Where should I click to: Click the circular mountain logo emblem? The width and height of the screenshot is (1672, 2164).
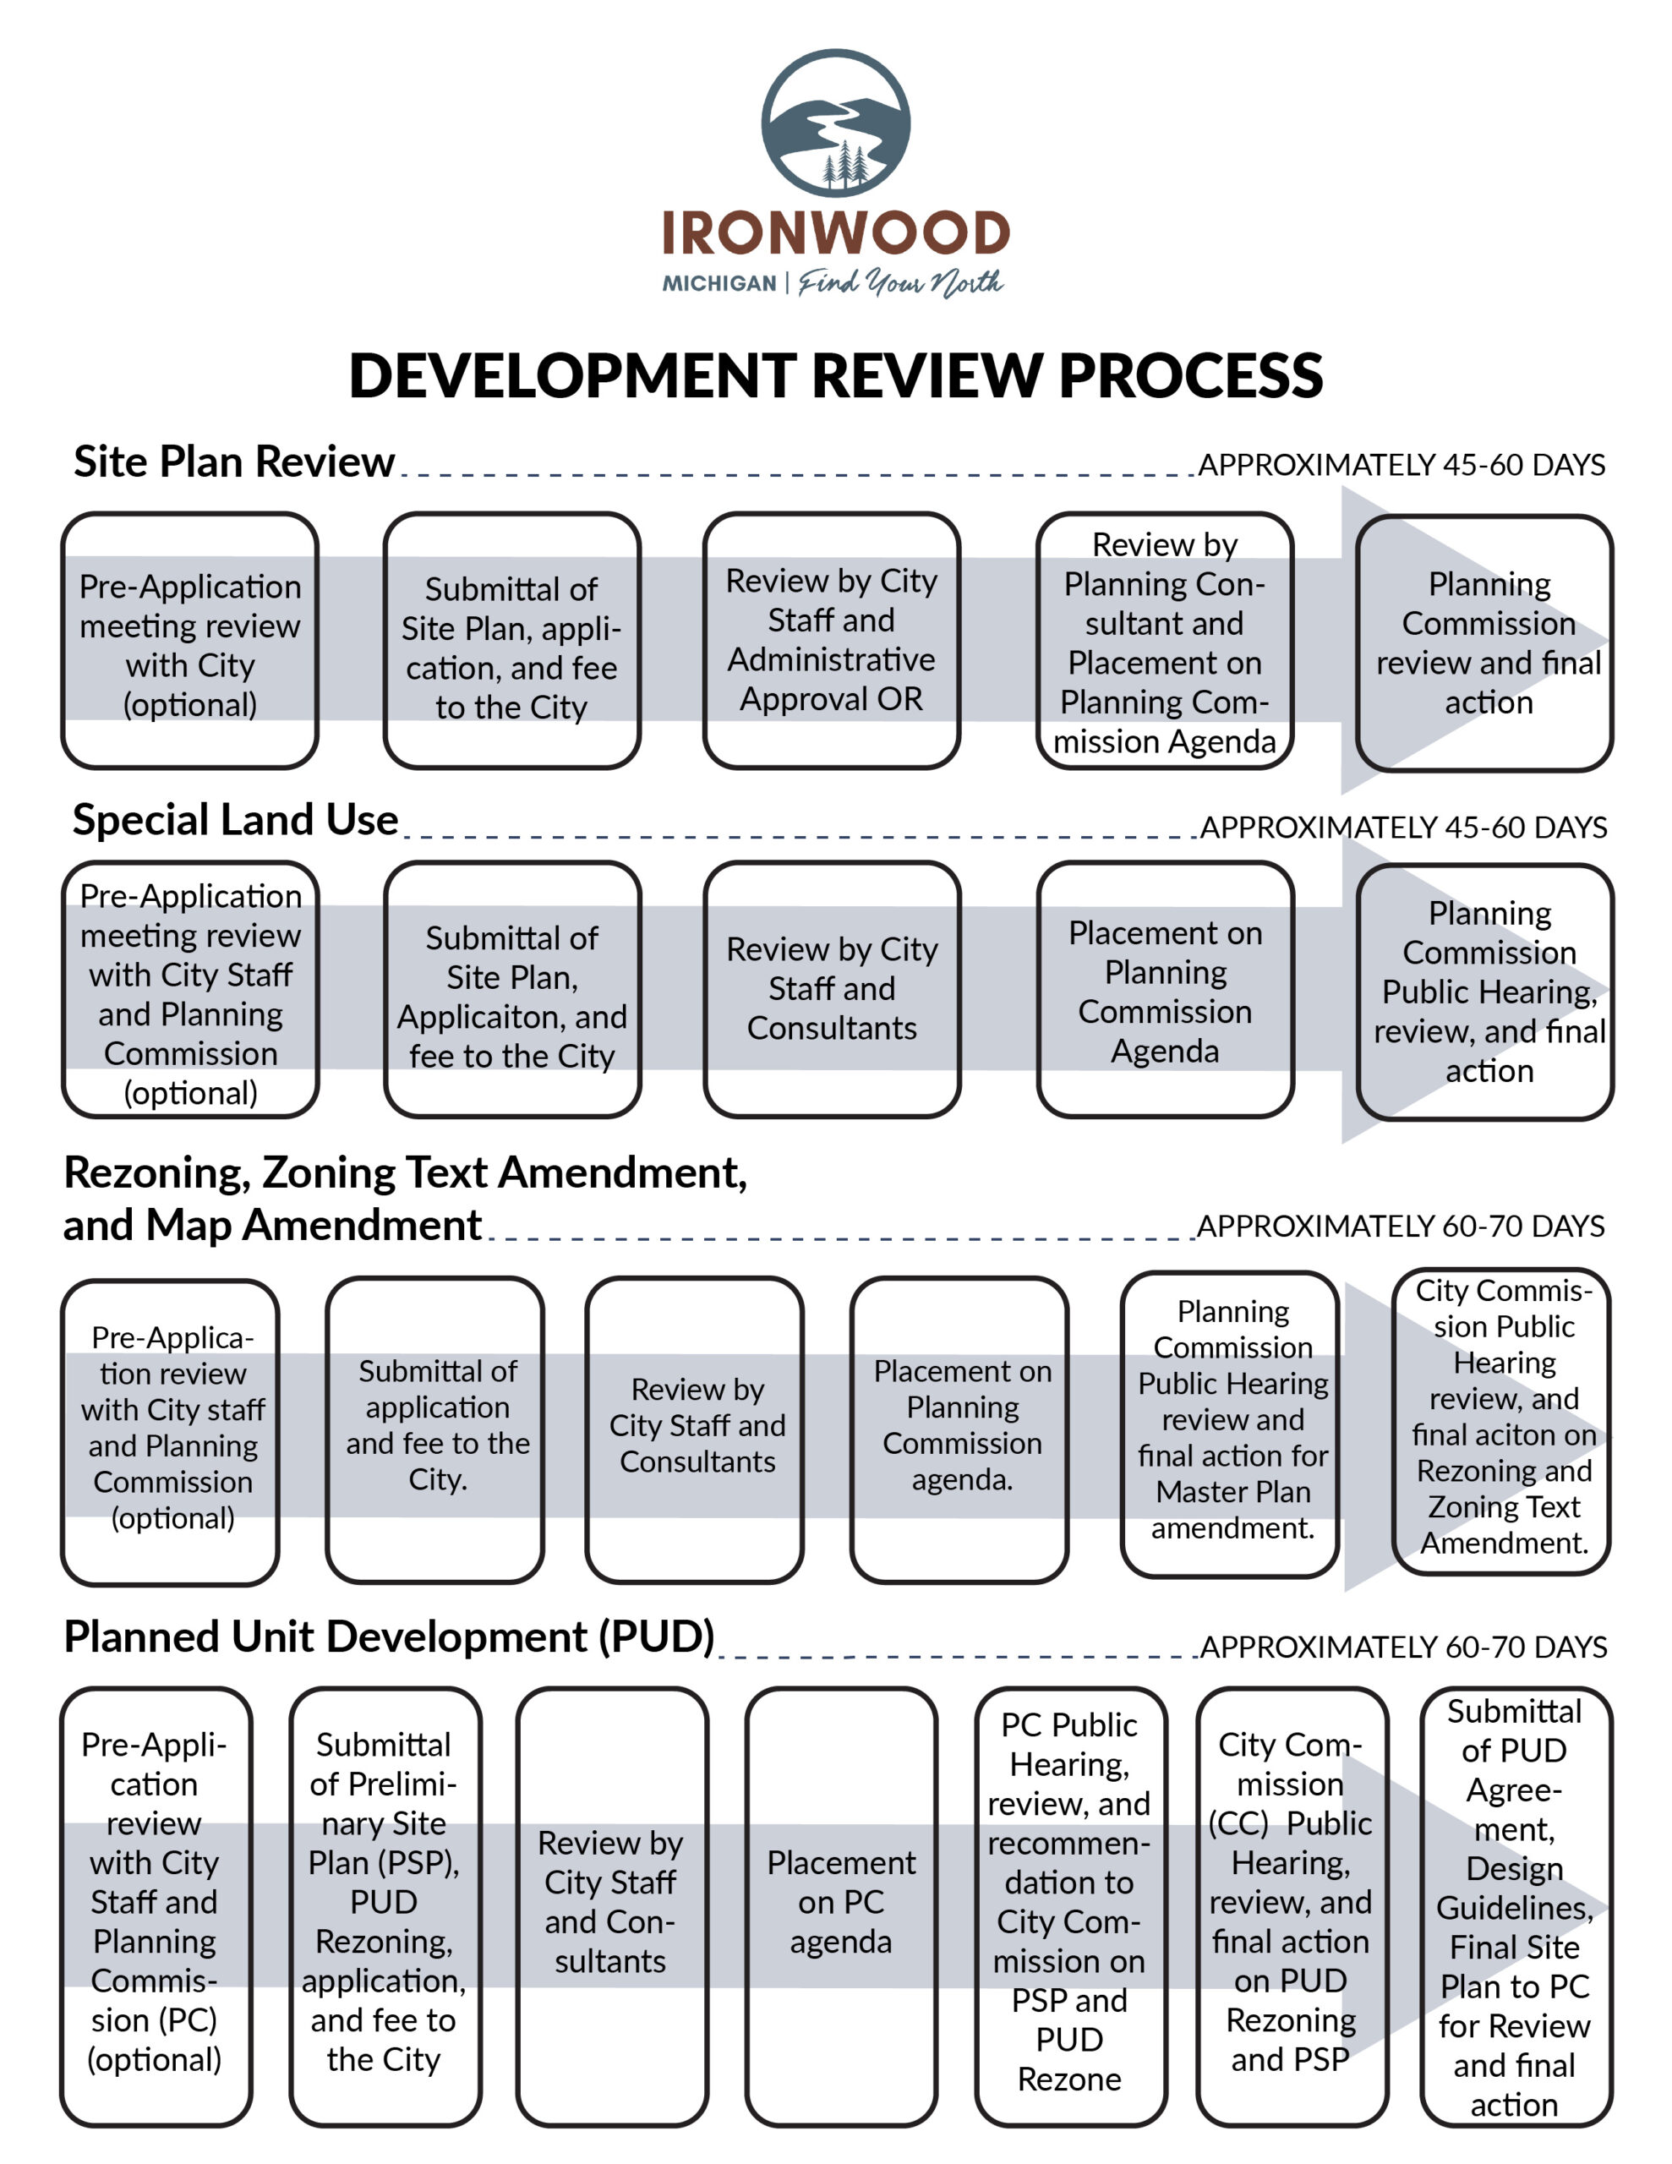coord(835,123)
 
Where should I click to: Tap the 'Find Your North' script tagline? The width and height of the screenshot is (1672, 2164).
coord(901,283)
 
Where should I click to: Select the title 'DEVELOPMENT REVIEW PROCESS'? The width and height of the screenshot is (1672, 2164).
coord(835,375)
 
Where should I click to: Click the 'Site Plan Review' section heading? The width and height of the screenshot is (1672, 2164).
coord(234,462)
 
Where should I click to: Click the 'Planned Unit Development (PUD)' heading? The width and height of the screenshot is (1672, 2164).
coord(390,1637)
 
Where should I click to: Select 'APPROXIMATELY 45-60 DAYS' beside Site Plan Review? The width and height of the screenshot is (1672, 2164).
coord(1402,465)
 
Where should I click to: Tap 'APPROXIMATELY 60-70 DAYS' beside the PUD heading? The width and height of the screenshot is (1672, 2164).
coord(1403,1647)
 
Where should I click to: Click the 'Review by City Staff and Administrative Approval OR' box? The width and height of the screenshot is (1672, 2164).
coord(832,640)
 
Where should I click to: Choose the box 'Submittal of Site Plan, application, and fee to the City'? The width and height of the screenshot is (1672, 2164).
coord(511,640)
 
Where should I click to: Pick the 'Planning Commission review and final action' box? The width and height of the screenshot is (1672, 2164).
coord(1484,643)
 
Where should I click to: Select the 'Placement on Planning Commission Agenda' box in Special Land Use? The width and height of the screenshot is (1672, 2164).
coord(1166,989)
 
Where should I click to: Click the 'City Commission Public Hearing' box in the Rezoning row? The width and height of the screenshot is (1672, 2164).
coord(1501,1421)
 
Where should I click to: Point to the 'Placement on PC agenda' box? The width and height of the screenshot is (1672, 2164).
coord(840,1906)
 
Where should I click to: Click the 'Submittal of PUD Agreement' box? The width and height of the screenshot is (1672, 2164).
coord(1516,1906)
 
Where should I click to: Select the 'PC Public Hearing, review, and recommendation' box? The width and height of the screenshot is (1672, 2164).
coord(1070,1906)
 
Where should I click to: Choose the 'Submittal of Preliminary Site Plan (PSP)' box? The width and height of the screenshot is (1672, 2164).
coord(385,1906)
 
